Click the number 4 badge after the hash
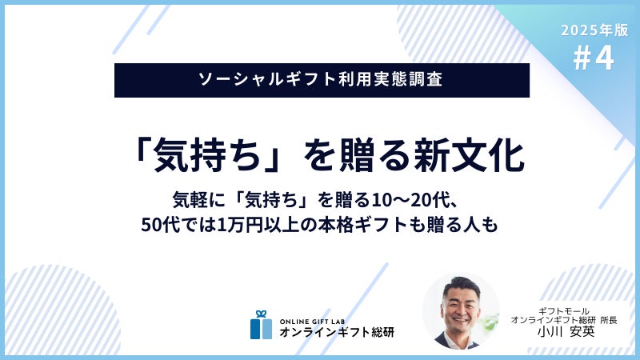tap(604, 58)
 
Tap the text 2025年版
tap(594, 30)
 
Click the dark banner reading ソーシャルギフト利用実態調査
tap(322, 80)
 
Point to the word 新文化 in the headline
tap(470, 155)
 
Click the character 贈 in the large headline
tap(357, 155)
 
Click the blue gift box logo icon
tap(262, 325)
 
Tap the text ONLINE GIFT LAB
tap(312, 322)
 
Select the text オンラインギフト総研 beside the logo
tap(337, 332)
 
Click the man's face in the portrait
tap(462, 308)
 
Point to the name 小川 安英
tap(566, 331)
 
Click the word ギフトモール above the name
tap(564, 311)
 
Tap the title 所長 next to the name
tap(609, 321)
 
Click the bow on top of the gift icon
tap(262, 314)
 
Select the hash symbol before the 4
tap(582, 58)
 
